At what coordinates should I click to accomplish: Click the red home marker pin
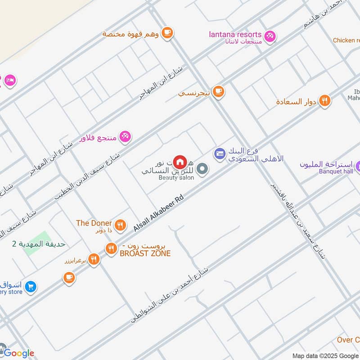click(x=180, y=161)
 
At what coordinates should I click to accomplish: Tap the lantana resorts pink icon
click(x=270, y=36)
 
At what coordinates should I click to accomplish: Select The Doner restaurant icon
click(x=120, y=225)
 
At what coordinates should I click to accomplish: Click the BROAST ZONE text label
click(x=145, y=253)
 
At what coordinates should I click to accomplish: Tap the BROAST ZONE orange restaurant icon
click(x=111, y=248)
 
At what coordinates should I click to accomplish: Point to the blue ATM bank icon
click(x=219, y=154)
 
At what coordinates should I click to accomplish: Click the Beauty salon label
click(x=176, y=178)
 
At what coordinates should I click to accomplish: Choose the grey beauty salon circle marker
click(x=202, y=169)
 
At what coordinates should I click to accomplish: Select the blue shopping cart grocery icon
click(x=30, y=286)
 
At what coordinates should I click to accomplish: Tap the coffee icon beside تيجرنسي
click(x=218, y=91)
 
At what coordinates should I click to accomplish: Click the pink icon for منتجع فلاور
click(x=125, y=136)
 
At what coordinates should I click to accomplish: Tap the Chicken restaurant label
click(x=346, y=40)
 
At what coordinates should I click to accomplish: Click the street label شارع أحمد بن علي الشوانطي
click(x=170, y=295)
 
